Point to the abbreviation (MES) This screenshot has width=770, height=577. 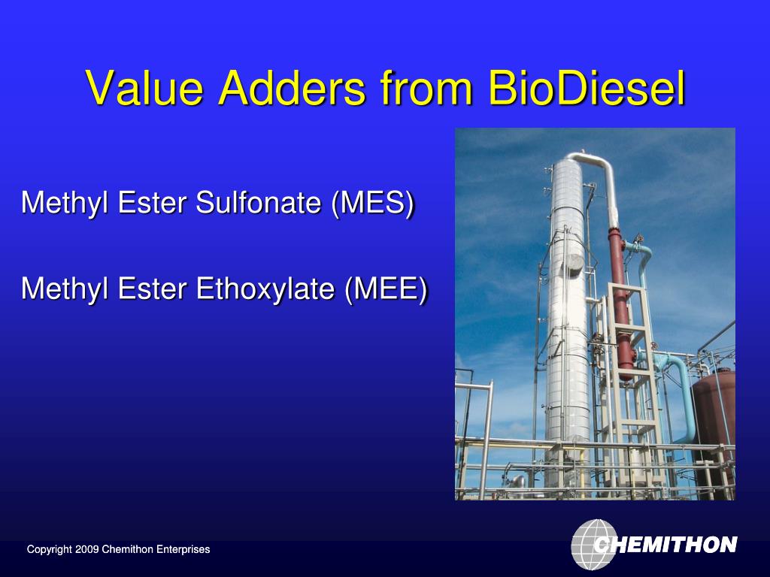pos(373,202)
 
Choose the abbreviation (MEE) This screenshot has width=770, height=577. pos(386,288)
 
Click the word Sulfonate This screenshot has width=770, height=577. pos(259,202)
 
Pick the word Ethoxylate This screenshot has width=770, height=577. pos(265,288)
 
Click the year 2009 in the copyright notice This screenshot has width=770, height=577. pos(87,549)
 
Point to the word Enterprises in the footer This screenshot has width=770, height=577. pos(183,549)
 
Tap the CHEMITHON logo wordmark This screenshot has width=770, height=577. pos(665,545)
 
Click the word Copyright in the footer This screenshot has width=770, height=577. pos(50,549)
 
